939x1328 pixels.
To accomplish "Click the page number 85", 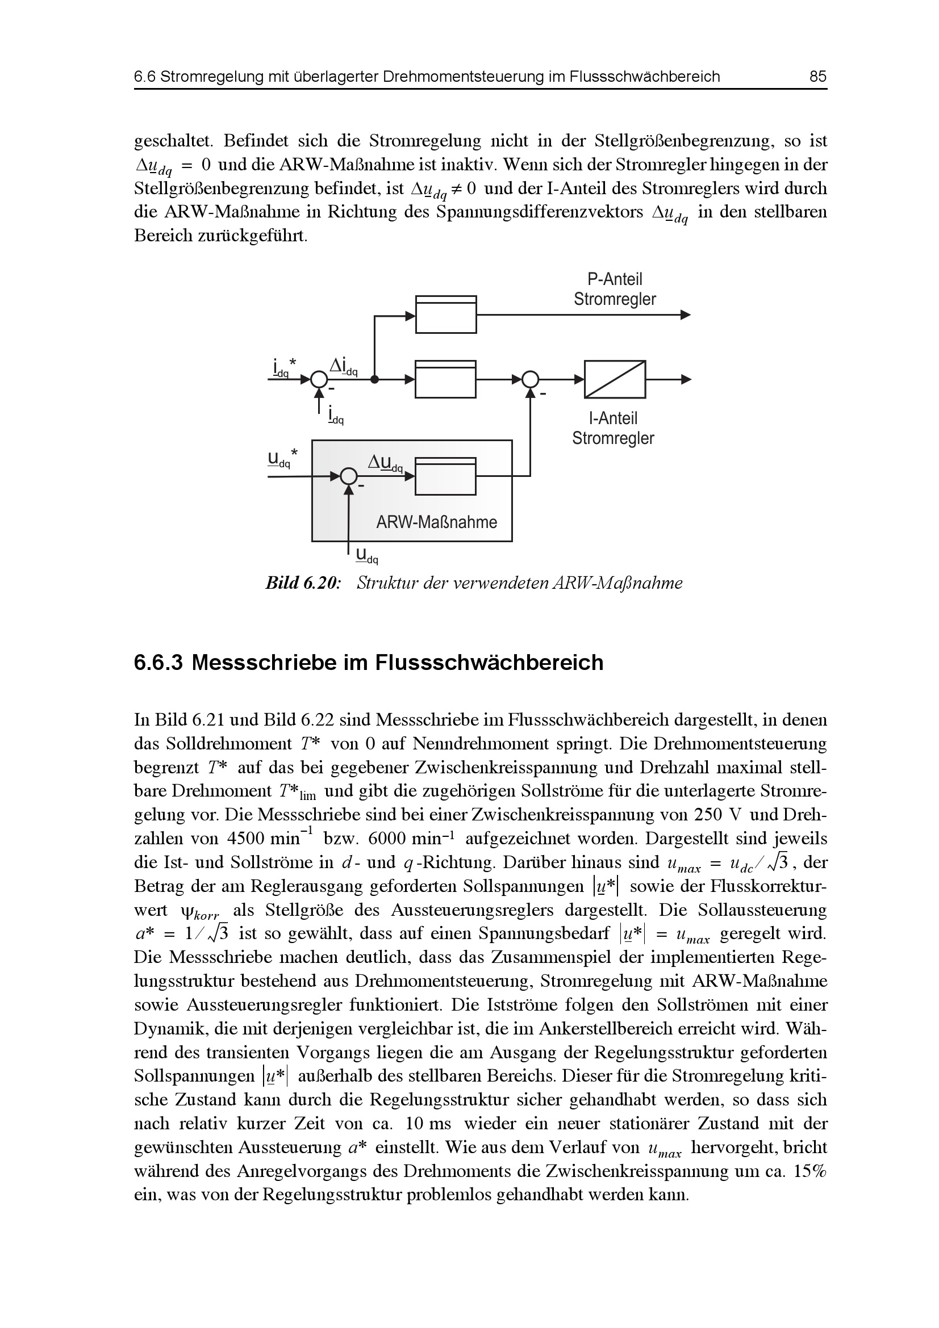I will tap(818, 77).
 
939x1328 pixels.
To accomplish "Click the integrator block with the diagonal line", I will tap(615, 379).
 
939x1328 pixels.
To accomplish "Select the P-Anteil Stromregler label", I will tap(615, 290).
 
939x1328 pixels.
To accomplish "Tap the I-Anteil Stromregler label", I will tap(613, 429).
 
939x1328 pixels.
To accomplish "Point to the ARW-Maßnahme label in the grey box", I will tap(436, 522).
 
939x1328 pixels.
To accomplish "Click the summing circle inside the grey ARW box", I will tap(348, 476).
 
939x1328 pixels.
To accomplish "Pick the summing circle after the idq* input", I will tap(318, 379).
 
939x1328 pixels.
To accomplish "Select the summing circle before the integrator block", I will tap(530, 379).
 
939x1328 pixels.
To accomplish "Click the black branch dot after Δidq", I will tap(375, 379).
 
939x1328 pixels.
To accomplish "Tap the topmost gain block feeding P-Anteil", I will tap(445, 315).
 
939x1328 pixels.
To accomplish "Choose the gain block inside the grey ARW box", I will tap(445, 476).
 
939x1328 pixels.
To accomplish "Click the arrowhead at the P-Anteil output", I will tap(686, 315).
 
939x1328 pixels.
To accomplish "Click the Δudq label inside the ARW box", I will tap(386, 462).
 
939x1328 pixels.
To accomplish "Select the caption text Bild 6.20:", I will tap(302, 583).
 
